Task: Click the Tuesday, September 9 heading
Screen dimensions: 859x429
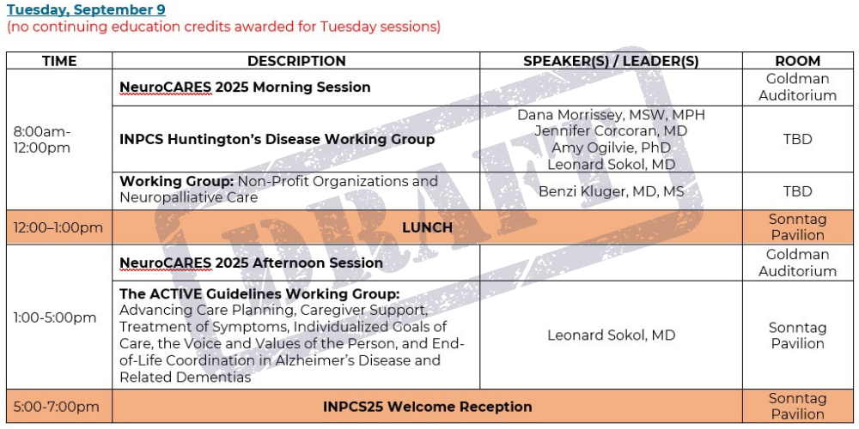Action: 86,9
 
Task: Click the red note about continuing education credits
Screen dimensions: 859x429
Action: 223,27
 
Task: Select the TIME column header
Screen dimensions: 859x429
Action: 59,61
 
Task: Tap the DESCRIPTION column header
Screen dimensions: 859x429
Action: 296,61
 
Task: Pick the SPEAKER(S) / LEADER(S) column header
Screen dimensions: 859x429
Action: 611,61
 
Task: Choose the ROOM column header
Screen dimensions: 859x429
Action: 798,61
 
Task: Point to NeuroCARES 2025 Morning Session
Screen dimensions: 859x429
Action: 245,88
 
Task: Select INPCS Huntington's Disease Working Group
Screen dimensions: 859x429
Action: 277,140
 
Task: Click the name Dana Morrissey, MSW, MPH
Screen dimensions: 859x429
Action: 611,115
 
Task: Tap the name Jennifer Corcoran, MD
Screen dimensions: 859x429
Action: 611,131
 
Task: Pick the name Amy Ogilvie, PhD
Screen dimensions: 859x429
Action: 611,148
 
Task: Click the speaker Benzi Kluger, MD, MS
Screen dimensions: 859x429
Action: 611,191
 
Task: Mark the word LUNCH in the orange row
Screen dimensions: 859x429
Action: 427,227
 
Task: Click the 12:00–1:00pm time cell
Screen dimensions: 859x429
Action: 58,227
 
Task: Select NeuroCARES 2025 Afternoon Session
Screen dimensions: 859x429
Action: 251,263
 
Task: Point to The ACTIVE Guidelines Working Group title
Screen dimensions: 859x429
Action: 259,294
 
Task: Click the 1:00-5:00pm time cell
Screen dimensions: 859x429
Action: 55,318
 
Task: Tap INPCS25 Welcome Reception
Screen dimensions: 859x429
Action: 427,407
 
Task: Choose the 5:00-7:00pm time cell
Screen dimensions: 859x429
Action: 57,407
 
